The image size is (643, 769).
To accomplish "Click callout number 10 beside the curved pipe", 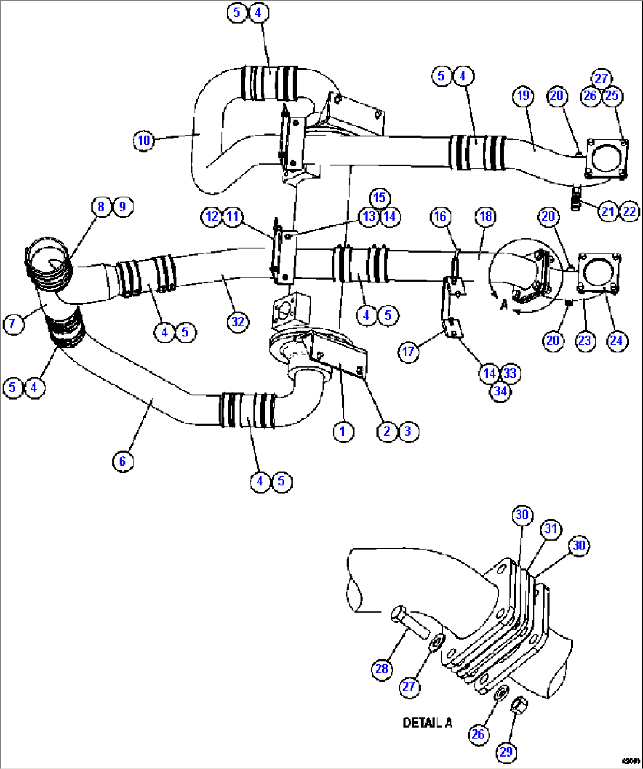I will (144, 140).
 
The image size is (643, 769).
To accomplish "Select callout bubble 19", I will (523, 96).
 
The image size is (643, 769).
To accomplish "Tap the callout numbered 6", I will (122, 460).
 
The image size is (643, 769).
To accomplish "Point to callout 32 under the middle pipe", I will (237, 322).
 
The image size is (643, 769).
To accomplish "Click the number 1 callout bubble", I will (342, 431).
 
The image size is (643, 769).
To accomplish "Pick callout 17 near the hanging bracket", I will (408, 352).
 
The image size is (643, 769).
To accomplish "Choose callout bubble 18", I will (485, 217).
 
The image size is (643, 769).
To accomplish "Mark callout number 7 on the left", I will (13, 323).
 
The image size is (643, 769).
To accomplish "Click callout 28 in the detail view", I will (382, 669).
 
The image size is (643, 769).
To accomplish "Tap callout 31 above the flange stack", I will (550, 529).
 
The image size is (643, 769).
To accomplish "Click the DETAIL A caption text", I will (427, 722).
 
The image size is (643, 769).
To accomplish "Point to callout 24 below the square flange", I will (616, 341).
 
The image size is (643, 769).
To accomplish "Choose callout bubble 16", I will (440, 217).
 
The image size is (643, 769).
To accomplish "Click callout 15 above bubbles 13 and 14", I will (379, 198).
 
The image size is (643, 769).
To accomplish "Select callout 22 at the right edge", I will (629, 211).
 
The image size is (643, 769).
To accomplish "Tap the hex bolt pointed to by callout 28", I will (409, 622).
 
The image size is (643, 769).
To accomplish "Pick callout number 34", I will (500, 391).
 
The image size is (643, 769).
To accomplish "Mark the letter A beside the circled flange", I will (503, 305).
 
